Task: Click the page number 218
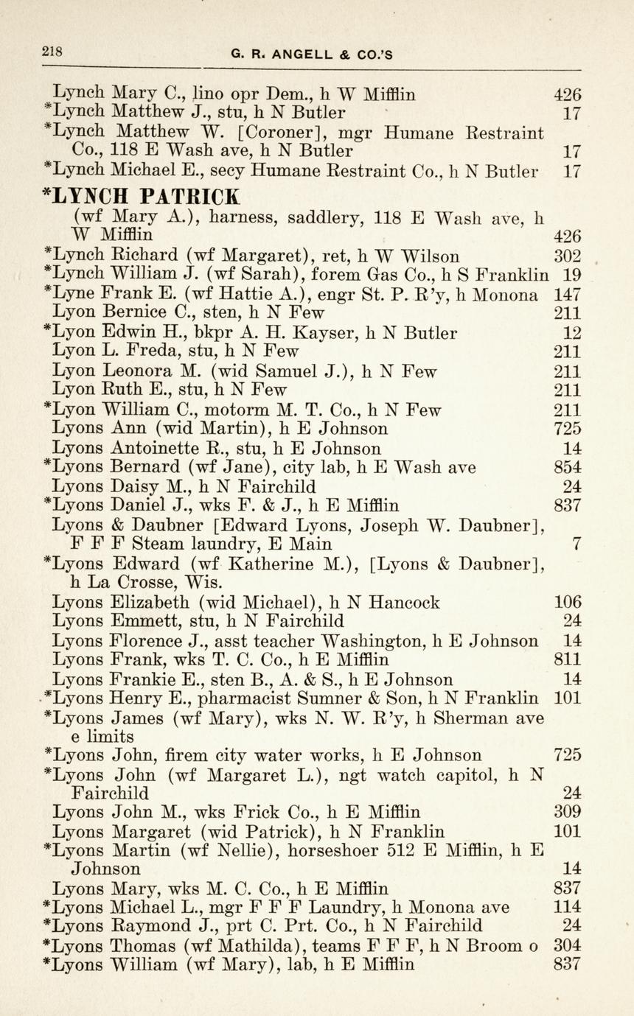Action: click(x=52, y=52)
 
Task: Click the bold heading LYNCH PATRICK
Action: click(x=142, y=197)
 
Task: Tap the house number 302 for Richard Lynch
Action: click(x=567, y=256)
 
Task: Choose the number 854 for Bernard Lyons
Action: click(x=567, y=467)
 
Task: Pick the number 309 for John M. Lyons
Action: click(x=567, y=812)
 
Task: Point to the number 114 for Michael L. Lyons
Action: click(x=567, y=907)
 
